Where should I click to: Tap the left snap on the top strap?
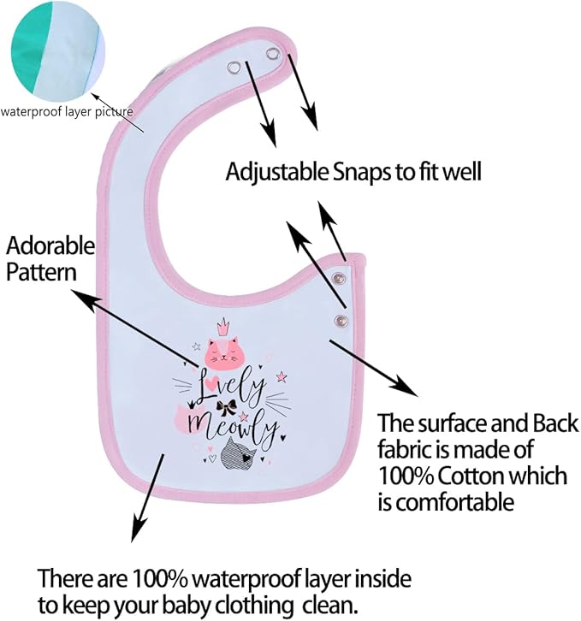(234, 68)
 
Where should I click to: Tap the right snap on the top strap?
(272, 54)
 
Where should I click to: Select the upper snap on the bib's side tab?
(340, 278)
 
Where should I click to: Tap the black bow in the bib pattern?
(226, 406)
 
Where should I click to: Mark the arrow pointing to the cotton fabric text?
(374, 368)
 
